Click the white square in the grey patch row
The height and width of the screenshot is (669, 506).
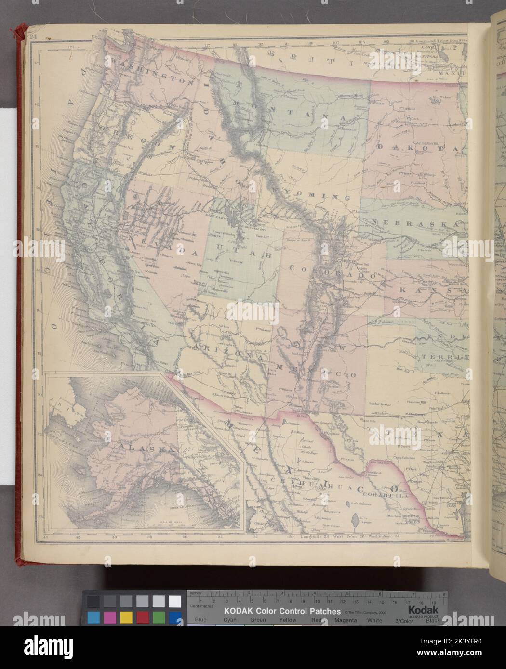coord(174,601)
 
